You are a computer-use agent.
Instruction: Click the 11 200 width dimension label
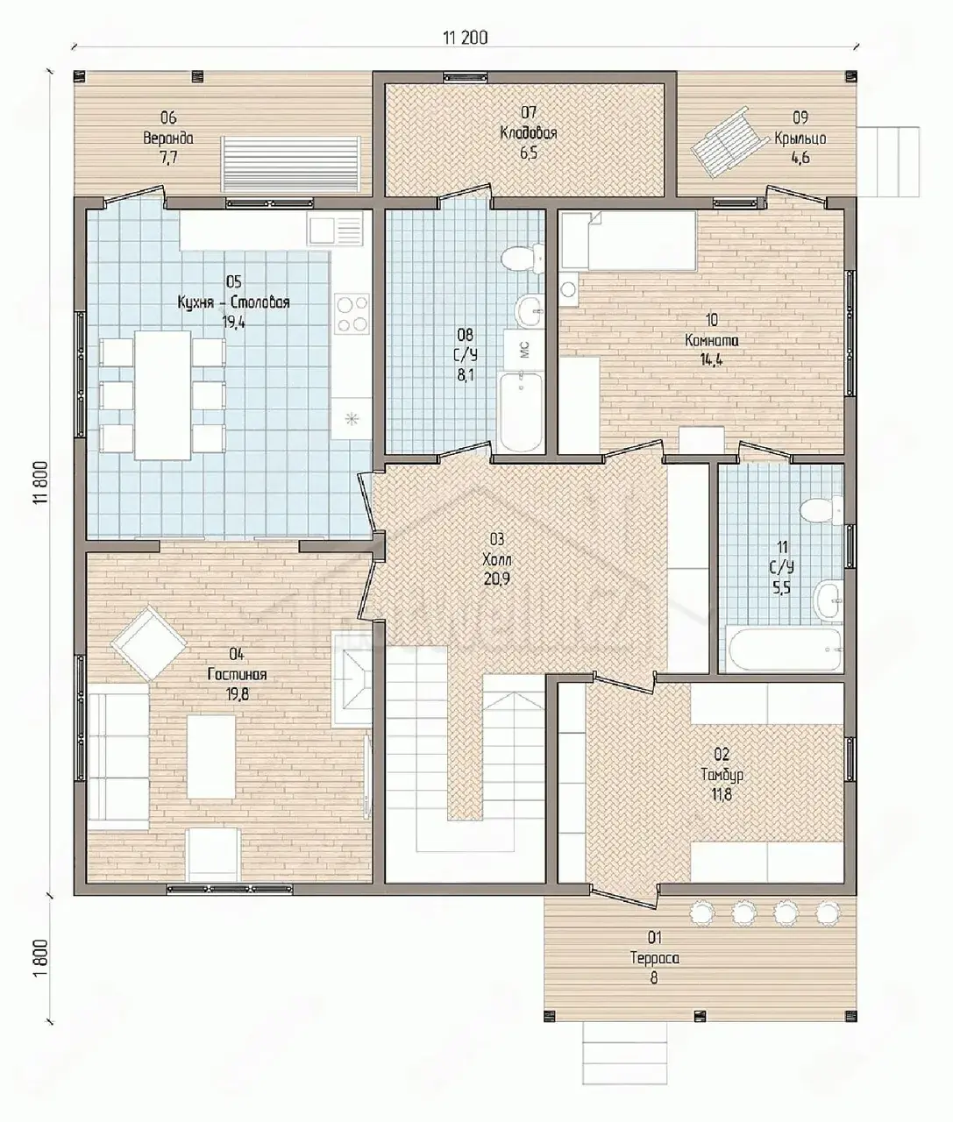point(466,38)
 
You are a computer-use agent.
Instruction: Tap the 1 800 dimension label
point(41,958)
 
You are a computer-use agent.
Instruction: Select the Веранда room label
point(168,138)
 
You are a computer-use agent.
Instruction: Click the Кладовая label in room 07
point(529,133)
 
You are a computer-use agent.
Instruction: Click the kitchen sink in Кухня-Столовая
point(336,228)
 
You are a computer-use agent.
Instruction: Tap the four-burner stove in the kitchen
point(352,315)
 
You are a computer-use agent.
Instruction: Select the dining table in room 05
point(163,394)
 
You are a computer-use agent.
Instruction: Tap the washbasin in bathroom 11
point(829,600)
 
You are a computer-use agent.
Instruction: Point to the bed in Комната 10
point(629,240)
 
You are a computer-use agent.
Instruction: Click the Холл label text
point(497,559)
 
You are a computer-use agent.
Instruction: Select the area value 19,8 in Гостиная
point(237,694)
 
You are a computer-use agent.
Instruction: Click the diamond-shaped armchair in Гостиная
point(148,643)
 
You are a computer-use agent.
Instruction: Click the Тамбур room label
point(722,775)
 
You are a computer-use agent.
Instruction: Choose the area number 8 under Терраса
point(654,977)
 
